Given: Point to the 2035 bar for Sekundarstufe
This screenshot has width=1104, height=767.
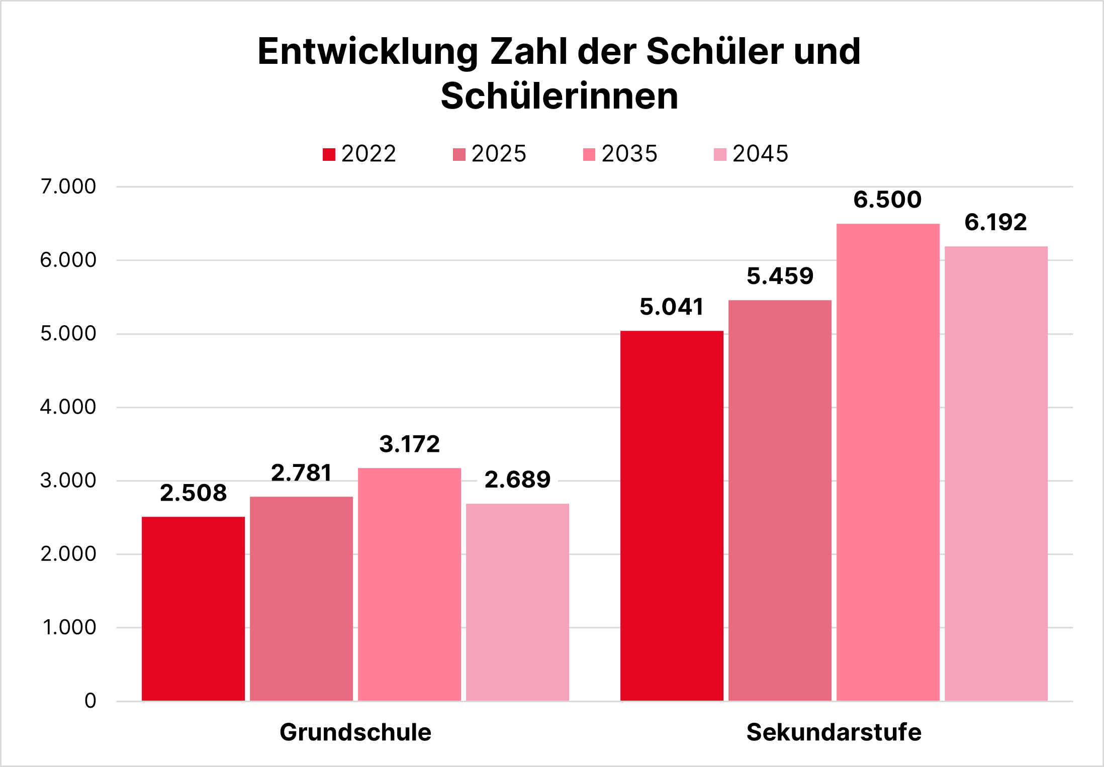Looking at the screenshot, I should pyautogui.click(x=888, y=462).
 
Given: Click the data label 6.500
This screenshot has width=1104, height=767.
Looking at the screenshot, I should pyautogui.click(x=887, y=200).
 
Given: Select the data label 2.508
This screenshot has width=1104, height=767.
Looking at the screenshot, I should pyautogui.click(x=193, y=493).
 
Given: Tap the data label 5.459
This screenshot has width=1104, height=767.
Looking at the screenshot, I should pyautogui.click(x=780, y=276).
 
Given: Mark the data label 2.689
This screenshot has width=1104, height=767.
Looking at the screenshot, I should pyautogui.click(x=517, y=480).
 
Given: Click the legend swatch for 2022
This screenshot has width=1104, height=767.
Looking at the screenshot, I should pyautogui.click(x=329, y=154).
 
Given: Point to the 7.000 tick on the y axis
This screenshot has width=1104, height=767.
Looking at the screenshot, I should pyautogui.click(x=68, y=186).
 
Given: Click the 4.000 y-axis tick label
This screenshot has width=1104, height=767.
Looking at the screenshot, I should pyautogui.click(x=68, y=407).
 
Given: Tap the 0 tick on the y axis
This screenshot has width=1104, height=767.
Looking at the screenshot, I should pyautogui.click(x=90, y=701).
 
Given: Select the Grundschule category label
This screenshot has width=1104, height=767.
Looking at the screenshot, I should pyautogui.click(x=355, y=732).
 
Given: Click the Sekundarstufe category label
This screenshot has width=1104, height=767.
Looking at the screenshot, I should pyautogui.click(x=834, y=732).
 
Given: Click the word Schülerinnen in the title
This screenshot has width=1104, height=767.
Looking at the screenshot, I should pyautogui.click(x=559, y=95).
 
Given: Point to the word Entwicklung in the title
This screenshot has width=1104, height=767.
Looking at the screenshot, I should pyautogui.click(x=367, y=51).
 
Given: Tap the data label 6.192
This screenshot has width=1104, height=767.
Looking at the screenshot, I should pyautogui.click(x=995, y=222).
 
